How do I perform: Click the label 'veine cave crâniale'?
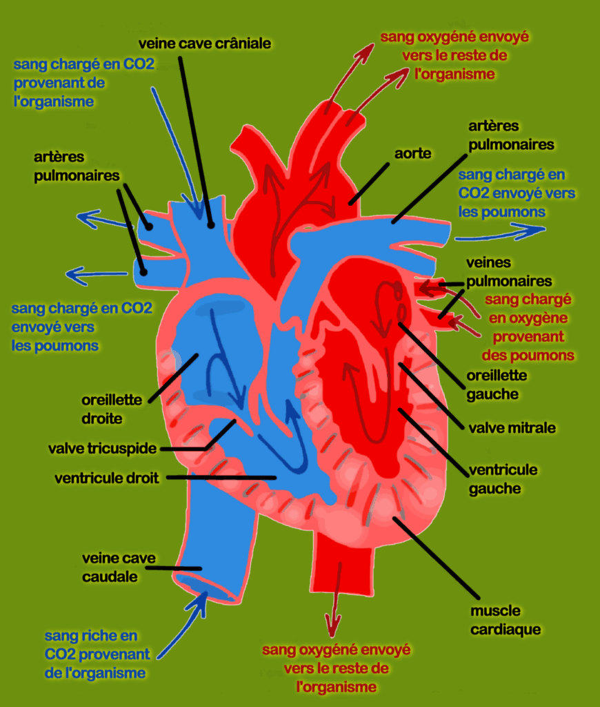pos(204,43)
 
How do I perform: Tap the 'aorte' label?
pos(413,153)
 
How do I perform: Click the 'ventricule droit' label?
pos(107,478)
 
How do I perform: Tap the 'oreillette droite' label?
pos(112,409)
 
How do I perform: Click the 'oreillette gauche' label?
pos(497,385)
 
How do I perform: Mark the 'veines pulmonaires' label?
pos(509,272)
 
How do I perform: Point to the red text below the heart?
pos(337,668)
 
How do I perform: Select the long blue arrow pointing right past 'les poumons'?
pos(500,233)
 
